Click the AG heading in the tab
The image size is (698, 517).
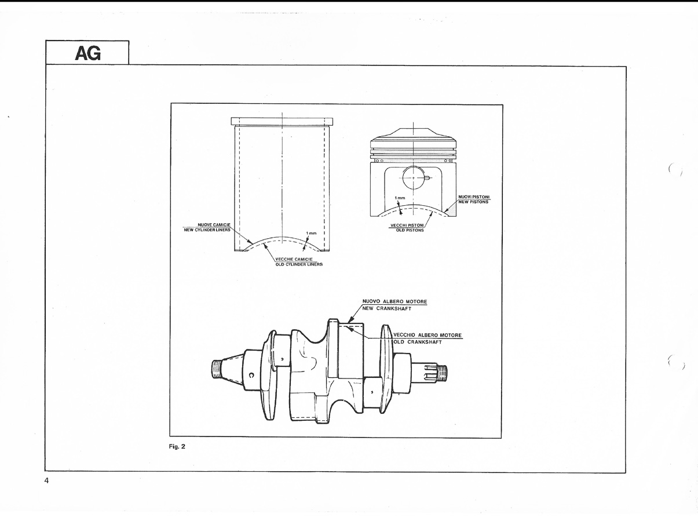coord(88,53)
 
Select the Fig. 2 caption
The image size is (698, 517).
coord(177,446)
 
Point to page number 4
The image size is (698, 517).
coord(46,481)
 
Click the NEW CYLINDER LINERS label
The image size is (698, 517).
coord(207,230)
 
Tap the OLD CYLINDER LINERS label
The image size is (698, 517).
coord(299,264)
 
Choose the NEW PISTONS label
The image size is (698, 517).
coord(473,202)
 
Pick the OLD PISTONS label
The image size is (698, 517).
coord(410,230)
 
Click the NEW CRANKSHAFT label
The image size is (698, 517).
coord(387,308)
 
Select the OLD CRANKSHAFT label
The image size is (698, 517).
coord(418,342)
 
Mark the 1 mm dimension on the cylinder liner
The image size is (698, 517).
coord(311,234)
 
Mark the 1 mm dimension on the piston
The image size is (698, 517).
coord(400,198)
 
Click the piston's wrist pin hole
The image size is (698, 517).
coord(414,177)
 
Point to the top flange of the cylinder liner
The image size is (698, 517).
coord(282,122)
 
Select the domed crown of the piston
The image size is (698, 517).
coord(413,133)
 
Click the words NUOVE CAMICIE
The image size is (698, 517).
coord(214,224)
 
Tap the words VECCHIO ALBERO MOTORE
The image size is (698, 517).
coord(427,336)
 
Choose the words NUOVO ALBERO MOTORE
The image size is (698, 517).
coord(394,301)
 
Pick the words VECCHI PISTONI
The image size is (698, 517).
coord(407,225)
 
